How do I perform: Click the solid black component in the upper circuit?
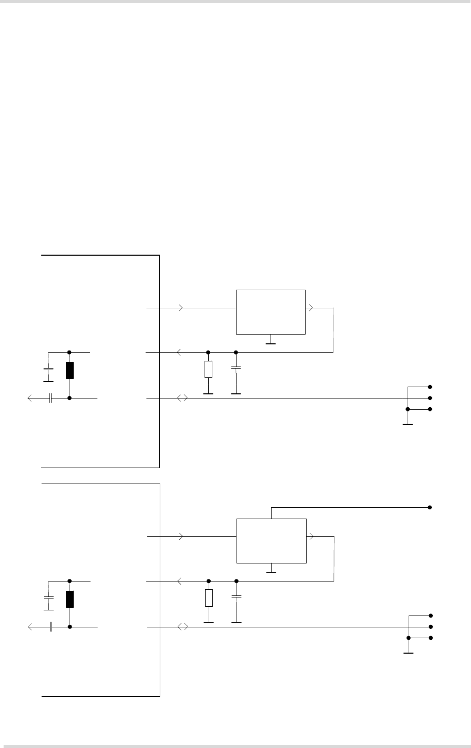click(x=70, y=370)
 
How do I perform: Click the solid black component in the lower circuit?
click(x=70, y=599)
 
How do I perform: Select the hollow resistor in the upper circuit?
click(x=208, y=369)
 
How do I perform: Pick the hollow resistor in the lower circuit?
click(x=209, y=598)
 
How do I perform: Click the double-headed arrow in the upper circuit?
click(x=182, y=398)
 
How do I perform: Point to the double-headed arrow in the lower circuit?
click(x=183, y=627)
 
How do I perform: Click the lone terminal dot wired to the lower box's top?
click(x=429, y=507)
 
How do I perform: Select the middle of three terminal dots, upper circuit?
click(x=429, y=398)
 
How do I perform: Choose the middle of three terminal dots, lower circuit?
click(x=430, y=627)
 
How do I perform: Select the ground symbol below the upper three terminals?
click(x=408, y=424)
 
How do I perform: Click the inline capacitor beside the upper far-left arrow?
click(x=51, y=398)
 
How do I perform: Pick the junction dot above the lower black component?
click(x=70, y=581)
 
